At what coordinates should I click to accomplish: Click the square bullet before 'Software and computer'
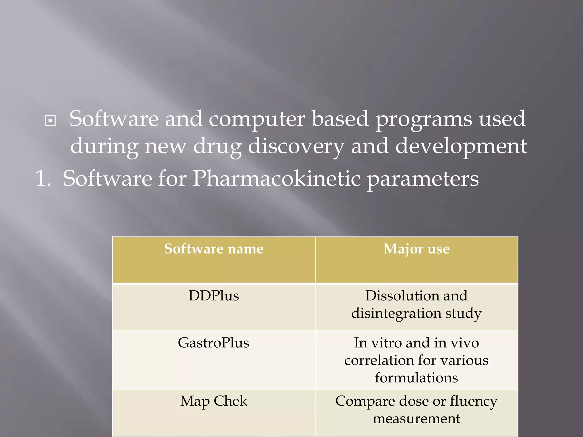point(50,121)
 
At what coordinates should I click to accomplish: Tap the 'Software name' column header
point(214,249)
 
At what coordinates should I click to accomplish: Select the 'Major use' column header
point(416,249)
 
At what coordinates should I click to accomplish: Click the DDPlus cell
point(214,296)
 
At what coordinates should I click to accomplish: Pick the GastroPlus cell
point(214,343)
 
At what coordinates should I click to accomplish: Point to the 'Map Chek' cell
point(214,401)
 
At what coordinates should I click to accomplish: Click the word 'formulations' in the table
point(416,378)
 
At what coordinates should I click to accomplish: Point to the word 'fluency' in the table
point(473,401)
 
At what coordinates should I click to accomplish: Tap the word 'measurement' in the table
point(416,419)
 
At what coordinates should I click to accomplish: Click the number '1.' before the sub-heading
point(43,179)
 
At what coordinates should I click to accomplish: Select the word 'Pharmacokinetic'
point(276,179)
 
